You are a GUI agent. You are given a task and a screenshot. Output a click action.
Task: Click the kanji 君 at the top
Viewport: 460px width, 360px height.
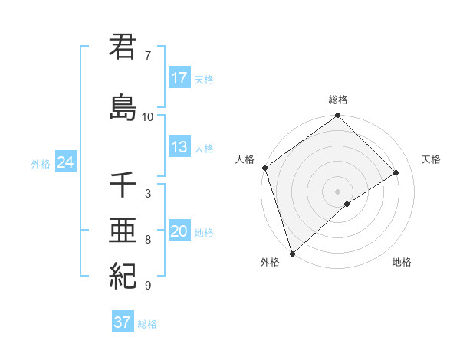click(123, 47)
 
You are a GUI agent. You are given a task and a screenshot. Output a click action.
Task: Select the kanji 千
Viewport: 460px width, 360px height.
click(123, 185)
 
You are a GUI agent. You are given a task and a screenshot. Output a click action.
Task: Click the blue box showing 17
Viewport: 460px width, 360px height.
click(179, 78)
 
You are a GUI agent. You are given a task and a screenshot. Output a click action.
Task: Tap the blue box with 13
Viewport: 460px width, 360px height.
click(179, 148)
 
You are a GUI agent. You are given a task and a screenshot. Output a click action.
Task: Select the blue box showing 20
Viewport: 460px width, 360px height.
click(179, 232)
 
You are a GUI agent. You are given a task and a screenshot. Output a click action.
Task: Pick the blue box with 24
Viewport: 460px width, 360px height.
click(66, 162)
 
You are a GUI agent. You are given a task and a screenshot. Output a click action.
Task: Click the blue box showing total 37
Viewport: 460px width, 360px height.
click(123, 322)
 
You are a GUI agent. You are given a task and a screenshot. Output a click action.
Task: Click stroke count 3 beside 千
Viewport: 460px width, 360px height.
click(147, 194)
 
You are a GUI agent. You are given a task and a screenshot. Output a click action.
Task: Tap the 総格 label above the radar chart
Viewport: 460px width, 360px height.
click(338, 100)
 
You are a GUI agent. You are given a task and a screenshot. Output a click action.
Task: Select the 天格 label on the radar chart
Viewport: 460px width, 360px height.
click(431, 159)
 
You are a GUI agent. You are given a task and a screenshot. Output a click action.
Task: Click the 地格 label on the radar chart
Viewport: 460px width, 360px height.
click(402, 262)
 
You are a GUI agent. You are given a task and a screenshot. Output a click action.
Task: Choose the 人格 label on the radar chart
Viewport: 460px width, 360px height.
click(245, 159)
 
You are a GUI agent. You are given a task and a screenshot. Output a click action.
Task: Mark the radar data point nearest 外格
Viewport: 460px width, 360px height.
click(292, 253)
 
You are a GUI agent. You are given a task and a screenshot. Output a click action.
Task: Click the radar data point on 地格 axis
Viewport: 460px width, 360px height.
click(347, 204)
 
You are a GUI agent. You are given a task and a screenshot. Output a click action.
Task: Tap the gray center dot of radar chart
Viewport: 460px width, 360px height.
click(337, 190)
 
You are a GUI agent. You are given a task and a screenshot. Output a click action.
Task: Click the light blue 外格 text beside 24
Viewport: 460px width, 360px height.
click(41, 163)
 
